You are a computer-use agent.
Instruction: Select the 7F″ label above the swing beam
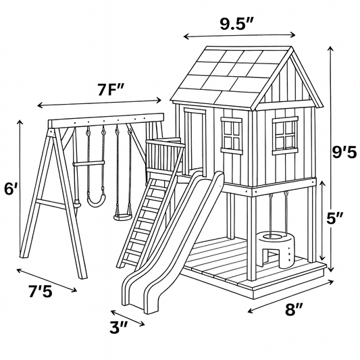(111, 89)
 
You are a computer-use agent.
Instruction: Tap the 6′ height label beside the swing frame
(11, 189)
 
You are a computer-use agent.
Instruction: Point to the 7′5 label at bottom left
(41, 291)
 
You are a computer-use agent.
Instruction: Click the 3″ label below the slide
(118, 327)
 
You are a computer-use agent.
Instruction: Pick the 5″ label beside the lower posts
(335, 217)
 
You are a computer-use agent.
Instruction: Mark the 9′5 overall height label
(344, 152)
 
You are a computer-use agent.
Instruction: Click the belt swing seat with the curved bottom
(96, 200)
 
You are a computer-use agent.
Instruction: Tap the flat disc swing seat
(123, 217)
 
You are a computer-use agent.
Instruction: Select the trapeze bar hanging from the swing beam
(88, 163)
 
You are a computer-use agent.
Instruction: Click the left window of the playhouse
(232, 136)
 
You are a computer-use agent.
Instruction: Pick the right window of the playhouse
(285, 136)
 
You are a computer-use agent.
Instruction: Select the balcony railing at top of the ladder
(164, 156)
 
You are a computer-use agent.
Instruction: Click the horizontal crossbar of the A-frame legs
(51, 204)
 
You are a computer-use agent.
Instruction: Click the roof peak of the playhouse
(292, 47)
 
